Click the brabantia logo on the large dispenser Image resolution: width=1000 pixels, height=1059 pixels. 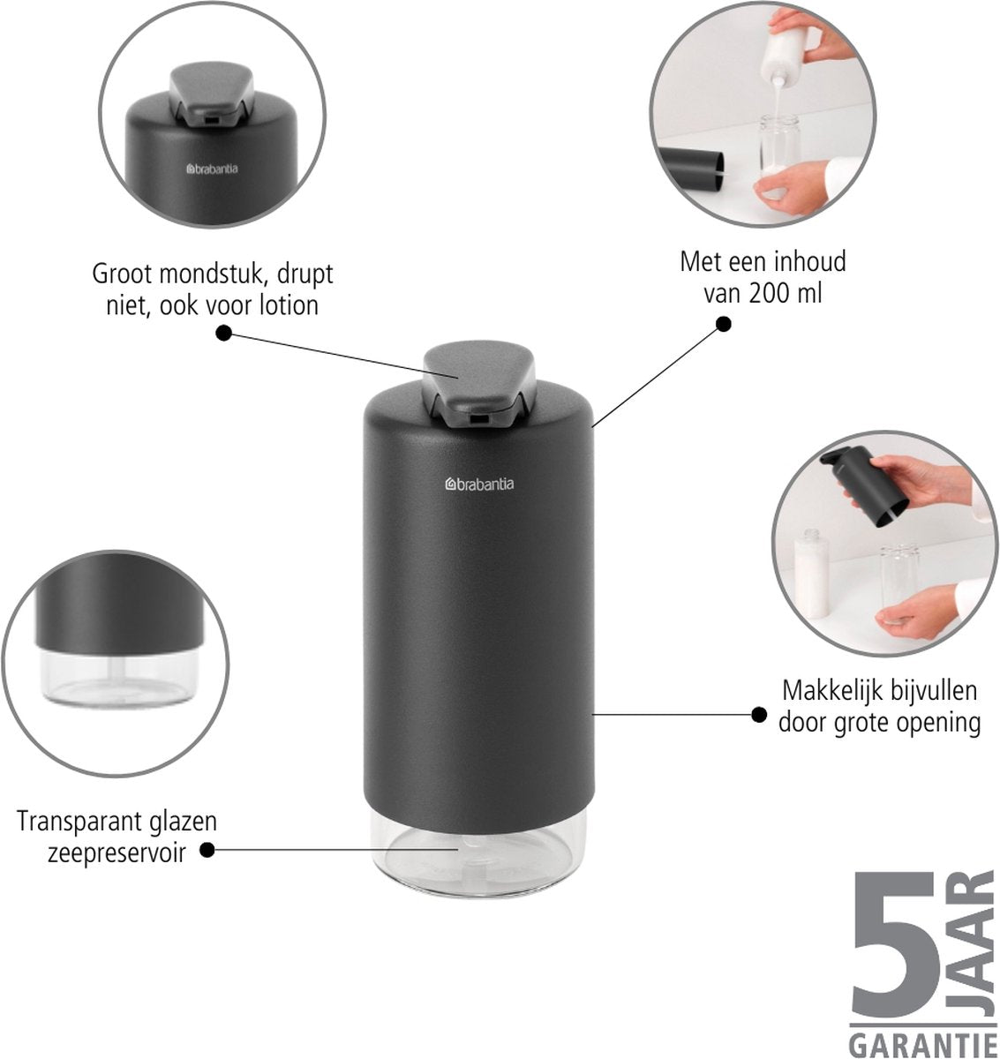[479, 484]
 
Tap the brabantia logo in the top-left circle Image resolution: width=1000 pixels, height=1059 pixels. [212, 169]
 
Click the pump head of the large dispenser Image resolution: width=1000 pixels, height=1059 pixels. [479, 384]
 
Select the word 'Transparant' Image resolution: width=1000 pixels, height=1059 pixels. [72, 821]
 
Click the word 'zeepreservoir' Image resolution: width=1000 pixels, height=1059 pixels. [117, 852]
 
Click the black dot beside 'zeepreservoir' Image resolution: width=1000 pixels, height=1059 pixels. [207, 850]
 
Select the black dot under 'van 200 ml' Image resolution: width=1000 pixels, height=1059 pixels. [723, 324]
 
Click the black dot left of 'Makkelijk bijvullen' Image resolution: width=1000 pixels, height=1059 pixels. [758, 715]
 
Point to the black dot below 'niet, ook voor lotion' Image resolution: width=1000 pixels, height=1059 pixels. [224, 334]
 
